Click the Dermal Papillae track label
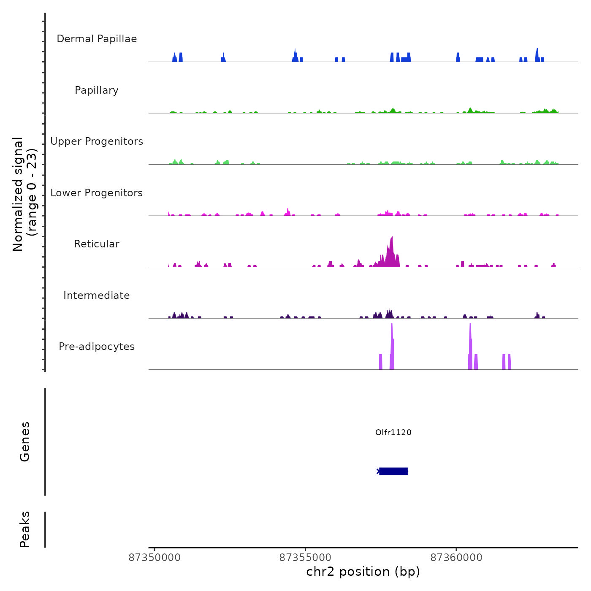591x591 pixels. click(x=97, y=39)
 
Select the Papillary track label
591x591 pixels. click(x=97, y=90)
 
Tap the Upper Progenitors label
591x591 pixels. click(x=97, y=141)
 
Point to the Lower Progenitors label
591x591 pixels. click(x=97, y=193)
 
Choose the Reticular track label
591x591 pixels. click(x=97, y=244)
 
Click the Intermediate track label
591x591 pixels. click(x=97, y=295)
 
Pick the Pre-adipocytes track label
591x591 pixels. click(x=97, y=347)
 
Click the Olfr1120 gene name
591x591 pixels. click(x=393, y=432)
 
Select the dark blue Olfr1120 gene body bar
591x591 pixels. click(x=393, y=471)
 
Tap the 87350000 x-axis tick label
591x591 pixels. click(x=155, y=558)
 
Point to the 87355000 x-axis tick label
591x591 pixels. click(x=305, y=558)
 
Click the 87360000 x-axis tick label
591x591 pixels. click(x=456, y=558)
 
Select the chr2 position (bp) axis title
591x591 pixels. click(x=363, y=572)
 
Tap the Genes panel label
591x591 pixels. click(x=25, y=442)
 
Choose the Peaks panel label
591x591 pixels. click(x=25, y=529)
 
